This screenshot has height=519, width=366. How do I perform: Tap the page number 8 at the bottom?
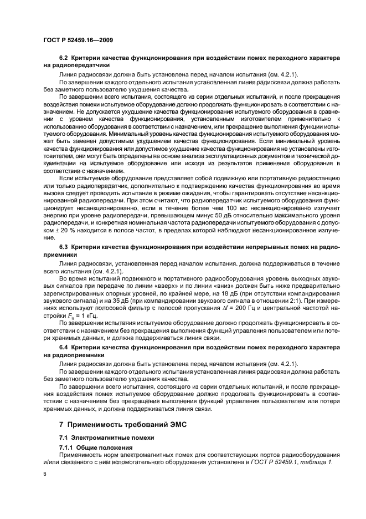click(44, 474)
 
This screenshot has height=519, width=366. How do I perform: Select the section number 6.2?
click(63, 58)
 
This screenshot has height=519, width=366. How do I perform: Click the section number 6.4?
click(63, 348)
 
